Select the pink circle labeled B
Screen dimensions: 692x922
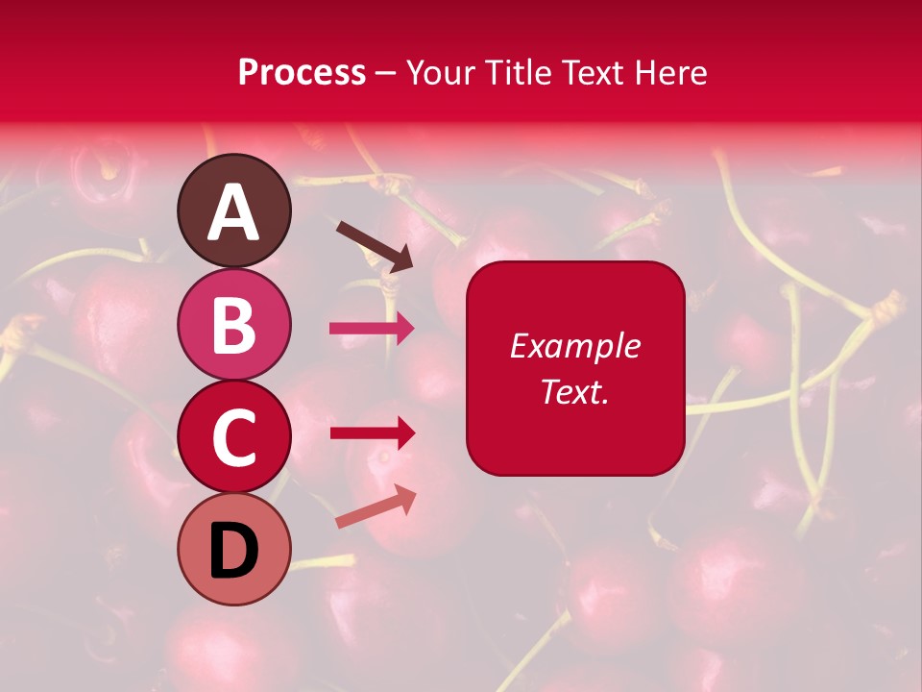coord(234,324)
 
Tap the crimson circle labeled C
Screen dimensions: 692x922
coord(234,437)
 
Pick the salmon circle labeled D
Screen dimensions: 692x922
coord(234,550)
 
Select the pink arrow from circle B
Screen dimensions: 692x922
coord(372,328)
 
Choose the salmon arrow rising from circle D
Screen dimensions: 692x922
coord(376,507)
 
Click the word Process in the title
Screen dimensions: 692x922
coord(302,73)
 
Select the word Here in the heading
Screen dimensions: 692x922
coord(669,73)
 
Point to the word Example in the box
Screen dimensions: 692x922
coord(575,347)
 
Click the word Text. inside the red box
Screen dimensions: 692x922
coord(575,392)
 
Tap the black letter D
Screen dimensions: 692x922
coord(234,552)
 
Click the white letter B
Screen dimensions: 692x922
coord(234,325)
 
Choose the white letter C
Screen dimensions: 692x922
coord(234,438)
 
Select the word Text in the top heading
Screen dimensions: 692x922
coord(592,73)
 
